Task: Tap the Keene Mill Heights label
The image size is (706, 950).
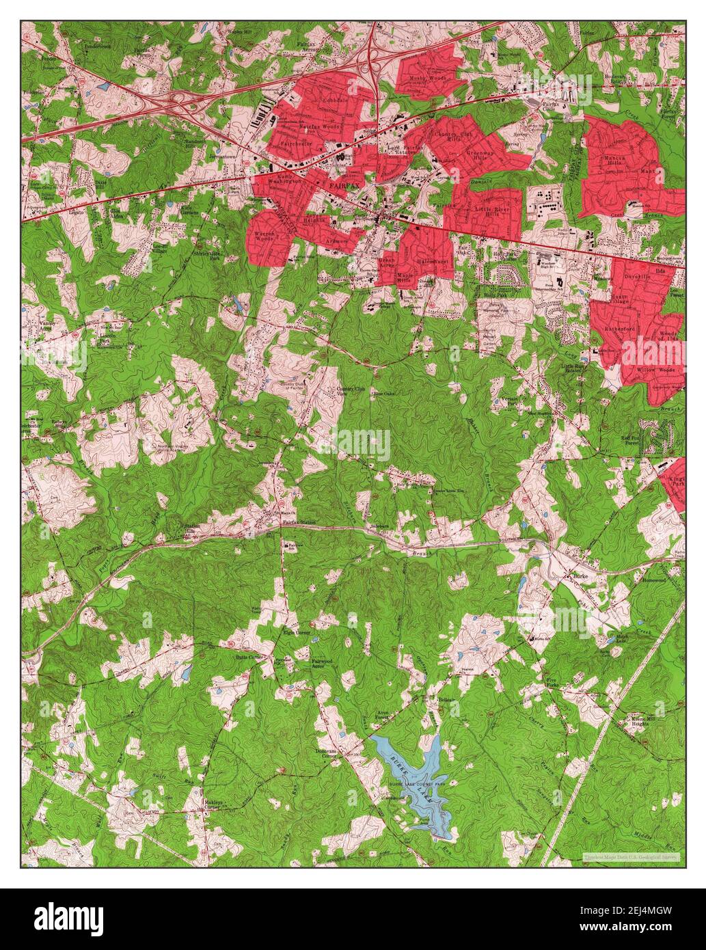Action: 643,722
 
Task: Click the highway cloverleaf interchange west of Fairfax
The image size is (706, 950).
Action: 181,100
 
